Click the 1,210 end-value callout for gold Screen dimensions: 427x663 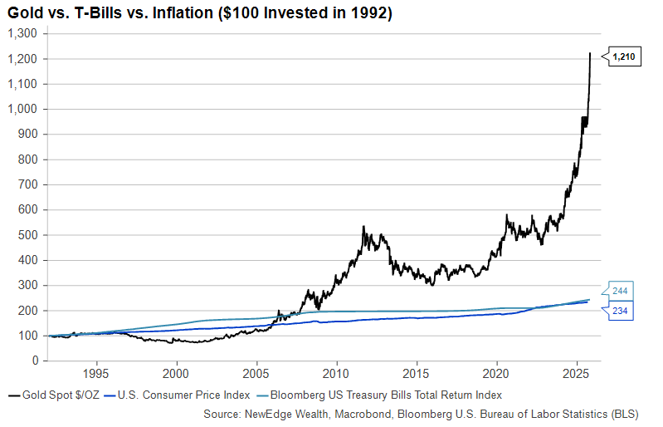click(624, 57)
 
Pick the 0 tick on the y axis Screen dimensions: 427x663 click(36, 361)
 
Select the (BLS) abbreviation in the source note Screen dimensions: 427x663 click(637, 412)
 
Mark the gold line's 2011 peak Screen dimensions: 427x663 click(363, 226)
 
